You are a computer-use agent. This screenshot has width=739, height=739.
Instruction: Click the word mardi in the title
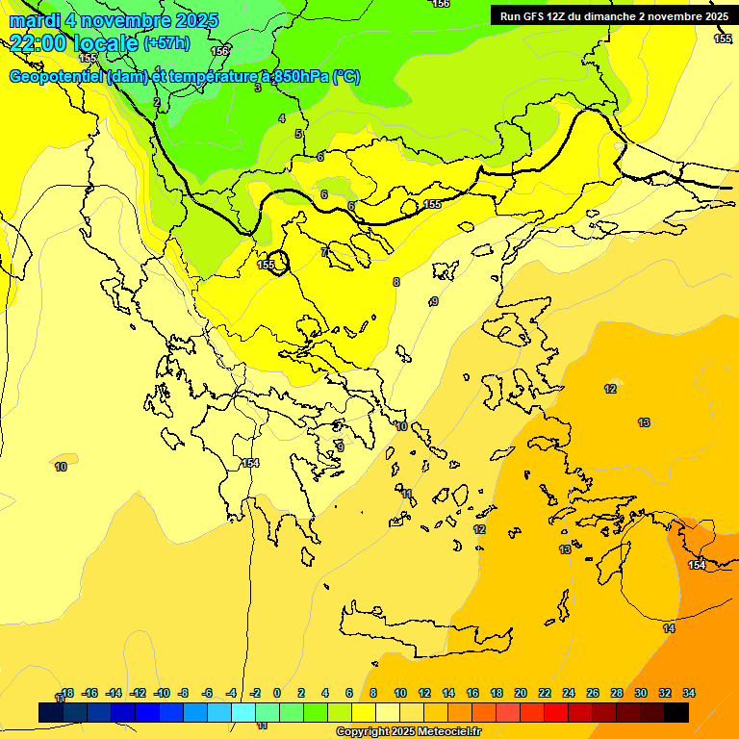(x=36, y=20)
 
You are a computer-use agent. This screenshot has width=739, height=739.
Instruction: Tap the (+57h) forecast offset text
(x=166, y=43)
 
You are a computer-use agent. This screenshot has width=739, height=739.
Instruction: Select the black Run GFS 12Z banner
(x=613, y=16)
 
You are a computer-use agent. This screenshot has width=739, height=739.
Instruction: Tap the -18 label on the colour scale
(x=64, y=693)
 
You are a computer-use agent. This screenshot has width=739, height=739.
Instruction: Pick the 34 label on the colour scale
(x=689, y=693)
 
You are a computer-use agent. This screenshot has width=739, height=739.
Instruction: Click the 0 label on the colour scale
(x=276, y=693)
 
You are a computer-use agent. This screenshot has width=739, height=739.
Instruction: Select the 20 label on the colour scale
(x=521, y=693)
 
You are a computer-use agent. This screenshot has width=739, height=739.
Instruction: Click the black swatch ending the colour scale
(x=676, y=712)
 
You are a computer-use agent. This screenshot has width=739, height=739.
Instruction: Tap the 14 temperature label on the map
(x=669, y=628)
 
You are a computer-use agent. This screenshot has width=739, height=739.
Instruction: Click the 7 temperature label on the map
(x=324, y=252)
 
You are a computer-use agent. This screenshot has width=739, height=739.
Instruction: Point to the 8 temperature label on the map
(x=396, y=282)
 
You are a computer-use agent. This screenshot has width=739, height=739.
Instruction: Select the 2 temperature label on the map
(x=157, y=102)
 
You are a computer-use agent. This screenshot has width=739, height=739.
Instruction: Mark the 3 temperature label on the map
(x=257, y=88)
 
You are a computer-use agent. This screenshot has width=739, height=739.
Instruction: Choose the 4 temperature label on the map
(x=282, y=118)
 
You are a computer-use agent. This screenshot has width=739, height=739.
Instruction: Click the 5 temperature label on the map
(x=298, y=135)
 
